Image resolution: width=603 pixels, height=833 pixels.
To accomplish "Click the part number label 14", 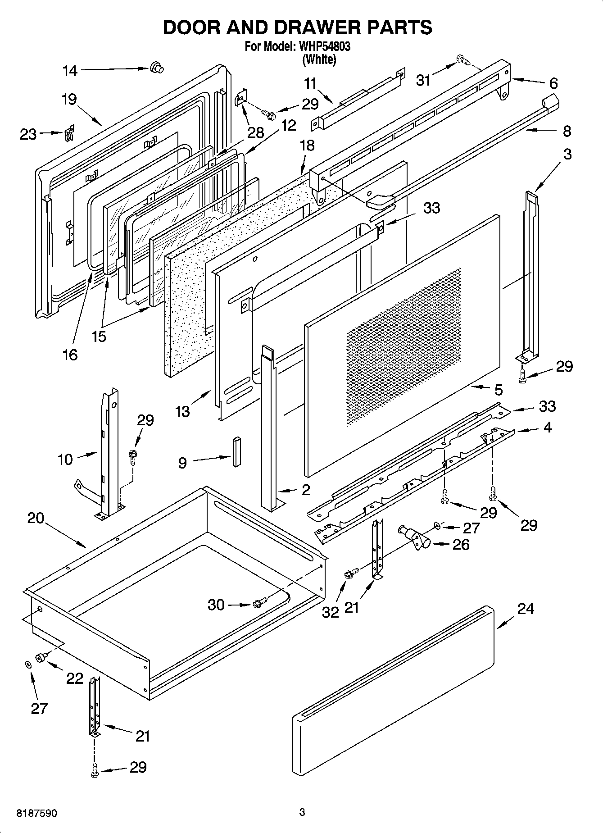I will pyautogui.click(x=70, y=71).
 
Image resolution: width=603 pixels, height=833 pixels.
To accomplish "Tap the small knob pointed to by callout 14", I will pyautogui.click(x=157, y=68).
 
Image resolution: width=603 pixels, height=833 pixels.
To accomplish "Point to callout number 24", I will pyautogui.click(x=525, y=609).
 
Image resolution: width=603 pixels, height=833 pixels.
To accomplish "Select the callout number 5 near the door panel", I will pyautogui.click(x=498, y=389).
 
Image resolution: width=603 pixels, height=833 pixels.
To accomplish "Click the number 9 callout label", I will pyautogui.click(x=182, y=463).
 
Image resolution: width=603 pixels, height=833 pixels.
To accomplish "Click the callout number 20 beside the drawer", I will pyautogui.click(x=36, y=518).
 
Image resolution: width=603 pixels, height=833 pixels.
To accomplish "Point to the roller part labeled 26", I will pyautogui.click(x=414, y=537).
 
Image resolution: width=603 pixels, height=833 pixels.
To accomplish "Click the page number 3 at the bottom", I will pyautogui.click(x=302, y=812).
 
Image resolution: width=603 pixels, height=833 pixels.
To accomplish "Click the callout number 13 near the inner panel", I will pyautogui.click(x=182, y=411).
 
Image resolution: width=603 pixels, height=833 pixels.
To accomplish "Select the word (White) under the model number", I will pyautogui.click(x=319, y=59).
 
